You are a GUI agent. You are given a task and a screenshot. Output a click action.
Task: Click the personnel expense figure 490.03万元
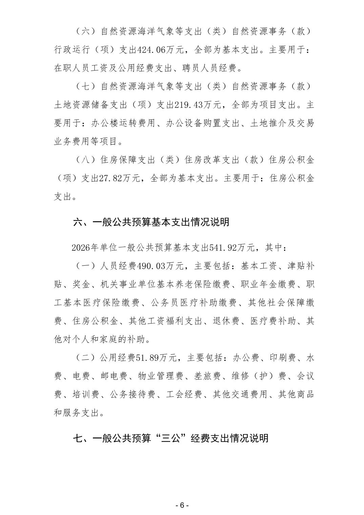coord(161,266)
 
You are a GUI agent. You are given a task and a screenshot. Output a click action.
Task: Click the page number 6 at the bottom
coord(182,505)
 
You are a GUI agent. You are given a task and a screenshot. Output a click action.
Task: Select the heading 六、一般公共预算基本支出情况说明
coord(151,222)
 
